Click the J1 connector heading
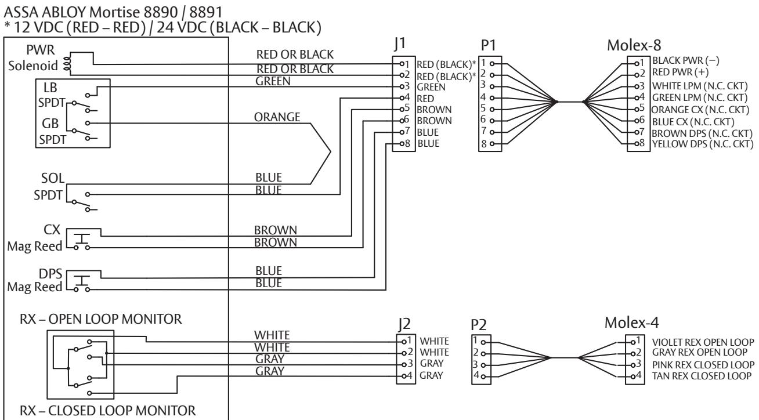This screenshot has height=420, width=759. click(x=400, y=44)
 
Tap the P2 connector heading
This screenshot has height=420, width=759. click(x=479, y=325)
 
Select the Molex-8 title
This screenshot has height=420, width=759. click(x=634, y=45)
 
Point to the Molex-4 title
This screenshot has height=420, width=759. click(x=631, y=323)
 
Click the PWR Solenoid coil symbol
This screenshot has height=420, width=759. click(x=67, y=64)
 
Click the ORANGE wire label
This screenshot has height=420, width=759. click(x=277, y=117)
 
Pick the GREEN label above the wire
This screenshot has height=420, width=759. click(x=273, y=81)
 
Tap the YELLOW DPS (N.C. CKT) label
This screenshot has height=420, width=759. click(x=703, y=144)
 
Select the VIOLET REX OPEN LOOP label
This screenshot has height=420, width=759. click(x=703, y=342)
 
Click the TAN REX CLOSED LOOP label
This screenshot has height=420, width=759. click(x=702, y=376)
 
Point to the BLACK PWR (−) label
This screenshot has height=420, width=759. click(x=685, y=61)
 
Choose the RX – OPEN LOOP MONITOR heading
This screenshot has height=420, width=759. click(x=100, y=319)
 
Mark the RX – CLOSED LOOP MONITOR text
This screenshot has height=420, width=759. click(x=108, y=411)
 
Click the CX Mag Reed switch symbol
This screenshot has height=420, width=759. click(x=82, y=241)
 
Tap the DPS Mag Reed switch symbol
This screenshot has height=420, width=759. click(x=82, y=283)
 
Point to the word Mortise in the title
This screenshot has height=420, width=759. click(x=114, y=13)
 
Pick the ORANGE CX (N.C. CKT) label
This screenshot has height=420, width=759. click(x=700, y=110)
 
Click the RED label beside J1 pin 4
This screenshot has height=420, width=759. click(x=425, y=99)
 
